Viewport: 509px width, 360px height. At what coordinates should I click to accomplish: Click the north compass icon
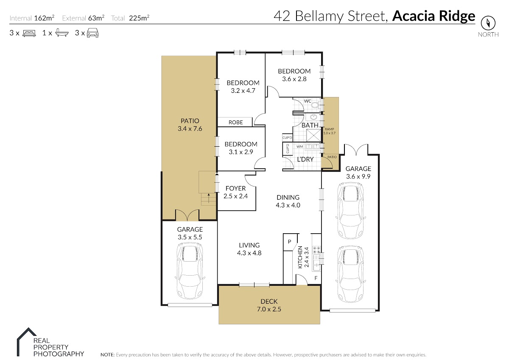[x=488, y=22]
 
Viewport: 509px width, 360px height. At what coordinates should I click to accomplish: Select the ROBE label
[x=236, y=122]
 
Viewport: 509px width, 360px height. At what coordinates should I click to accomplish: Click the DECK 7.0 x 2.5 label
[x=269, y=305]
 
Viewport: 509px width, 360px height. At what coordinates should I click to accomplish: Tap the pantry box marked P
[x=289, y=242]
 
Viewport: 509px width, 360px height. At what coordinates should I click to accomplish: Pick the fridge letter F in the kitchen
[x=315, y=279]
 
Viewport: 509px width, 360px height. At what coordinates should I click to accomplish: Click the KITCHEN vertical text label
[x=300, y=257]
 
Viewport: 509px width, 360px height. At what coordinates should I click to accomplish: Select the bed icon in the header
[x=29, y=33]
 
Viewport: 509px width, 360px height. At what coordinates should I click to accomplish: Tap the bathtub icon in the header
[x=62, y=33]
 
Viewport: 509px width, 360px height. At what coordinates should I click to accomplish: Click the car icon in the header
[x=92, y=33]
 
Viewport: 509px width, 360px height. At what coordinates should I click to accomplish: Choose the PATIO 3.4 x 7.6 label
[x=189, y=125]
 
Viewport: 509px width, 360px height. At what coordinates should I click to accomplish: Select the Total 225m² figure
[x=130, y=18]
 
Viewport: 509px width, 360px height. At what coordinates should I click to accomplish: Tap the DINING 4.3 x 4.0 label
[x=288, y=201]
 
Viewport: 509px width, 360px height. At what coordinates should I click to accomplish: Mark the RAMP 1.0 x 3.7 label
[x=330, y=131]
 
